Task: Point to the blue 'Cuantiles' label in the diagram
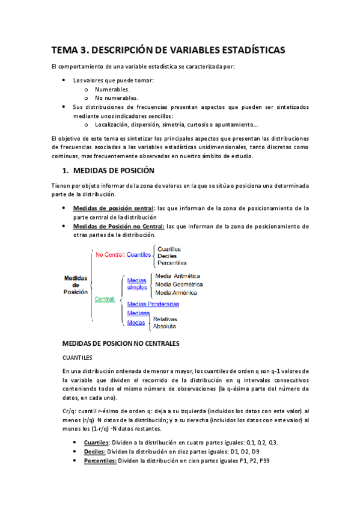click(x=139, y=254)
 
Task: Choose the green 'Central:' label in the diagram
click(x=105, y=299)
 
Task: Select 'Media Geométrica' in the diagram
click(x=179, y=284)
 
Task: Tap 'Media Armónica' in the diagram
click(x=177, y=292)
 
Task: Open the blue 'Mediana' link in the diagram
click(x=139, y=313)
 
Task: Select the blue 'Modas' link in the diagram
click(x=136, y=322)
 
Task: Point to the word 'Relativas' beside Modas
click(x=165, y=319)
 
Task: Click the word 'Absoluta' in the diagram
click(x=164, y=326)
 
